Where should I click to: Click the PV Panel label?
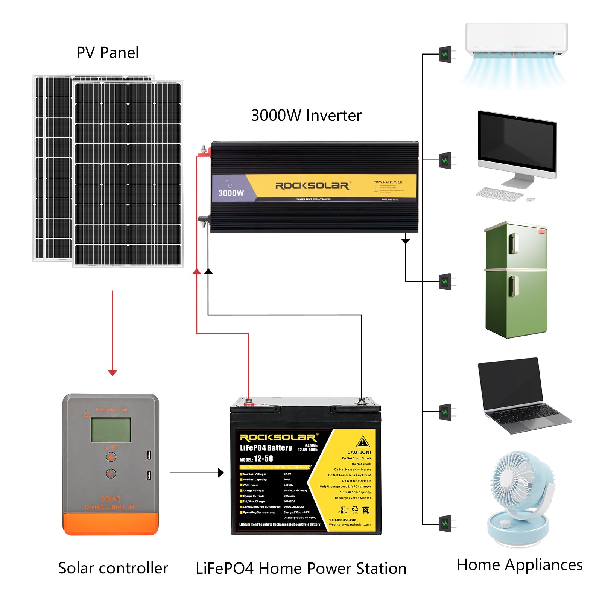point(107,53)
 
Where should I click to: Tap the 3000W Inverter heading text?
point(306,116)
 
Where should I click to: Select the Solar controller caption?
point(113,568)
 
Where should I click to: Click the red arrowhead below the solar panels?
point(112,372)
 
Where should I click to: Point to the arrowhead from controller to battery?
point(221,473)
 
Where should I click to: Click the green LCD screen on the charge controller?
point(111,430)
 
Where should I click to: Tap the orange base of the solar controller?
point(111,524)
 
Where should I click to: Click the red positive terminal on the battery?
point(249,403)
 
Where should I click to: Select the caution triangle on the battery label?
point(363,441)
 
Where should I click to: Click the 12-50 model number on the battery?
point(263,459)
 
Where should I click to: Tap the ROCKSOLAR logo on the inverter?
point(312,186)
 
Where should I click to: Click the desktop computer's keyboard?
point(499,195)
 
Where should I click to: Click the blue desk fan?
point(521,497)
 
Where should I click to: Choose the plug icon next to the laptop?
point(445,412)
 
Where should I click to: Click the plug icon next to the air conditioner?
point(445,55)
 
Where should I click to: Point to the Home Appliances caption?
point(520,565)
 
